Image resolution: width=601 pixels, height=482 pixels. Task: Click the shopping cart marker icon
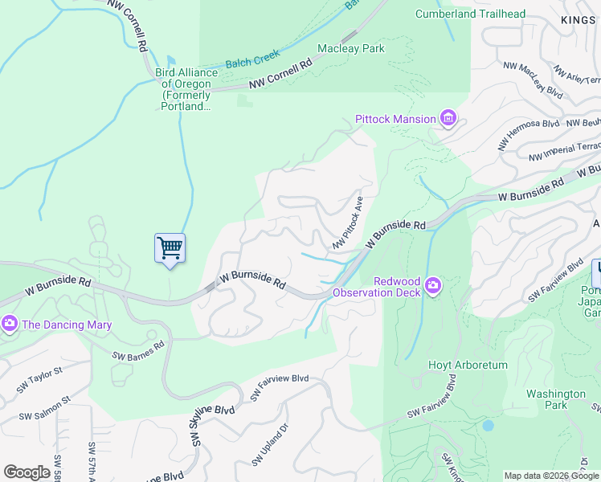pyautogui.click(x=170, y=247)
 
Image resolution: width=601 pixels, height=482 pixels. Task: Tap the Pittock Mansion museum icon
pyautogui.click(x=448, y=120)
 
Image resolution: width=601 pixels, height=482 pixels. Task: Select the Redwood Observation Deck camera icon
pyautogui.click(x=433, y=285)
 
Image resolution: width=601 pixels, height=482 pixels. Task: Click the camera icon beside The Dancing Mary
pyautogui.click(x=10, y=324)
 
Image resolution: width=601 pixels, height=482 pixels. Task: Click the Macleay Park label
pyautogui.click(x=351, y=48)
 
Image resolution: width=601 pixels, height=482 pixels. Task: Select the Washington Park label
pyautogui.click(x=556, y=399)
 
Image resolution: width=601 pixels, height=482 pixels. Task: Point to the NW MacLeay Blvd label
pyautogui.click(x=532, y=79)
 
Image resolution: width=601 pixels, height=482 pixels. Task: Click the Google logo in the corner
pyautogui.click(x=27, y=472)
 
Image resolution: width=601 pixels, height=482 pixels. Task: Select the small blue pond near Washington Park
pyautogui.click(x=488, y=426)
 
